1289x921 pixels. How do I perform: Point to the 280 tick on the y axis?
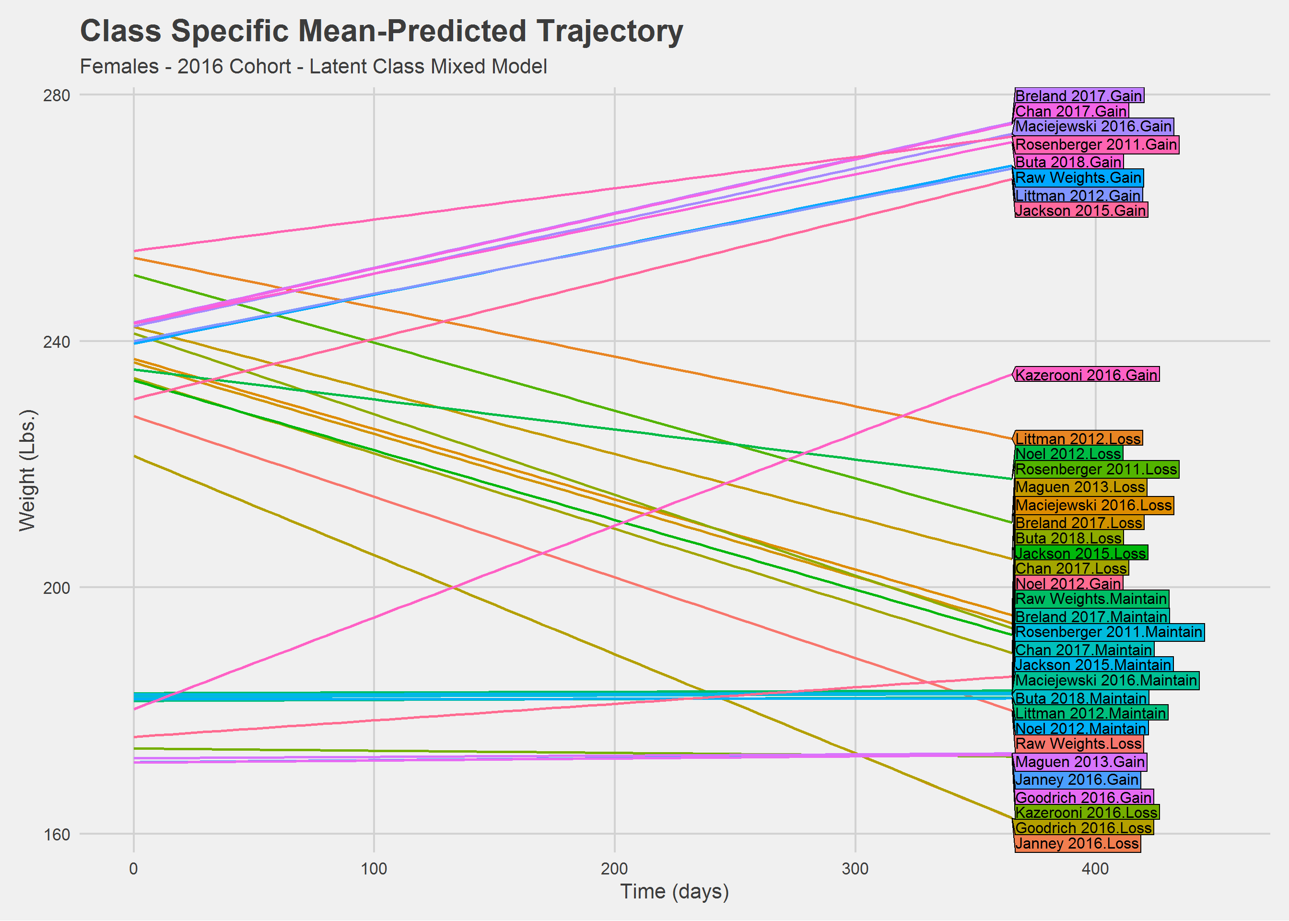pos(57,95)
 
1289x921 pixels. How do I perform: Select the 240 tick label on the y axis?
pos(57,342)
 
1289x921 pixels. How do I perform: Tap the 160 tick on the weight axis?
pos(57,834)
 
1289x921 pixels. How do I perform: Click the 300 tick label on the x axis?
pos(855,869)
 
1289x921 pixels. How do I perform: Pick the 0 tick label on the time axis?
pos(134,869)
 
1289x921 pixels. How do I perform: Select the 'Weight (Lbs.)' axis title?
pos(27,470)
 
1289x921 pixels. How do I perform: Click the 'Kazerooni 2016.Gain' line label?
pos(1086,375)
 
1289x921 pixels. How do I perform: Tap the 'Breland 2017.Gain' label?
pos(1078,96)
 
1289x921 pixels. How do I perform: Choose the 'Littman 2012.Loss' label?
pos(1078,438)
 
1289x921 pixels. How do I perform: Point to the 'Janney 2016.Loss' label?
pos(1077,844)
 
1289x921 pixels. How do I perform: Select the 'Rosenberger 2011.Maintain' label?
pos(1108,632)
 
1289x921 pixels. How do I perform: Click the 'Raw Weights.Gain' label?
pos(1078,178)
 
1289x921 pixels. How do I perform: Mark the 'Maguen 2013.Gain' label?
pos(1080,762)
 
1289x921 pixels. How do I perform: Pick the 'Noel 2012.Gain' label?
pos(1068,584)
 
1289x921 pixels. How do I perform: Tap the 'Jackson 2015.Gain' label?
pos(1080,211)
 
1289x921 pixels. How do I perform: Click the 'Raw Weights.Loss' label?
pos(1078,744)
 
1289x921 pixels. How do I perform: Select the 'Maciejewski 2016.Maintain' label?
pos(1106,681)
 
